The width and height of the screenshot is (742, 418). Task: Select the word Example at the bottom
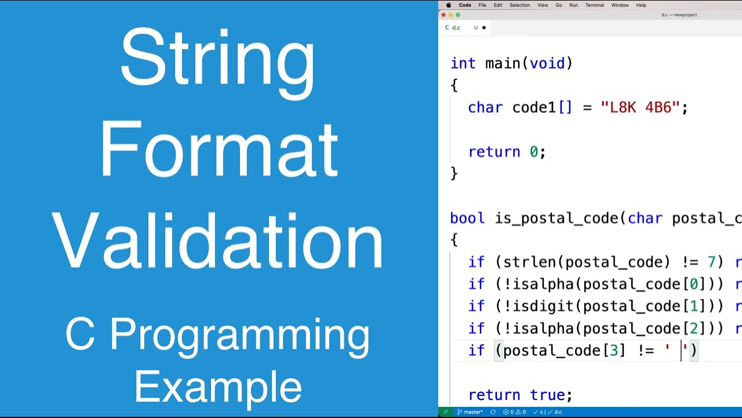tap(218, 387)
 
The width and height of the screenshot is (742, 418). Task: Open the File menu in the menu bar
tap(482, 5)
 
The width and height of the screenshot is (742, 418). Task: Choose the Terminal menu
tap(594, 5)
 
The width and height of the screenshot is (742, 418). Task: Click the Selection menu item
tap(519, 5)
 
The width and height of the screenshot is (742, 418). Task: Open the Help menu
tap(641, 5)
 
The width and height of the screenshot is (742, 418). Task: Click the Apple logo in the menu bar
tap(448, 5)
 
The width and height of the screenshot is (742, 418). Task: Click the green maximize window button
tap(459, 15)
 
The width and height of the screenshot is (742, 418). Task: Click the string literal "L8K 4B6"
tap(640, 107)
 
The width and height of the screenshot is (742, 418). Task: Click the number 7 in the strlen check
tap(711, 262)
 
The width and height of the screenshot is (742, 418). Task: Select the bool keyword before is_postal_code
tap(467, 218)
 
